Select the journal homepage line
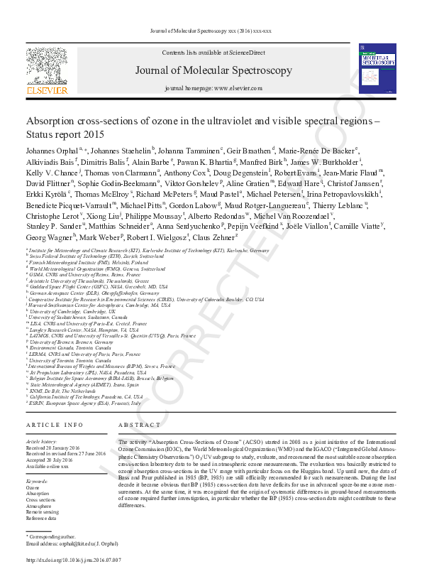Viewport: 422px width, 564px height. [213, 87]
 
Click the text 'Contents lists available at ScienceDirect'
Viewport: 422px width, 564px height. [213, 53]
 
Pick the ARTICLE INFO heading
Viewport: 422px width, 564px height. [55, 424]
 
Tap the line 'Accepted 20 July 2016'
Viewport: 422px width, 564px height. [50, 460]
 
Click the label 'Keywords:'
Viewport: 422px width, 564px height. [38, 482]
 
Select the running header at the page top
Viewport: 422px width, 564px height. [211, 31]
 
